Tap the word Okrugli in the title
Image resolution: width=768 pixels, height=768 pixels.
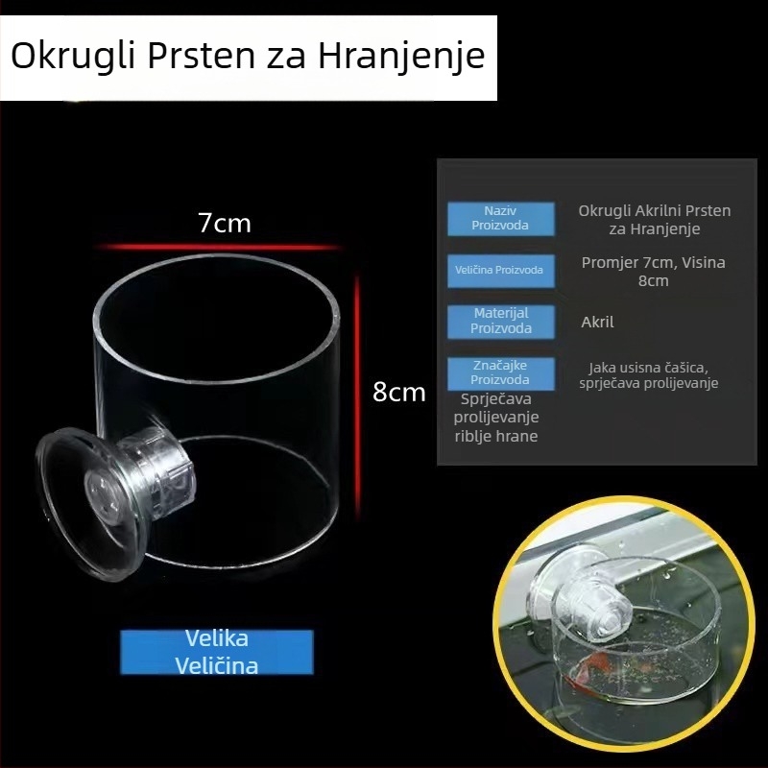click(x=73, y=56)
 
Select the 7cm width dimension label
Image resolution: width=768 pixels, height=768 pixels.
click(x=224, y=224)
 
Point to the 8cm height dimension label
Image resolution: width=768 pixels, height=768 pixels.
click(x=398, y=392)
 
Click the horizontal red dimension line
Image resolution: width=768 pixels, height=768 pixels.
click(x=221, y=248)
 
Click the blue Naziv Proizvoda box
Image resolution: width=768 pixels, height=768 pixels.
click(x=500, y=218)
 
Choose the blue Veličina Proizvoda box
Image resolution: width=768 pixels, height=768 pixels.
click(x=500, y=270)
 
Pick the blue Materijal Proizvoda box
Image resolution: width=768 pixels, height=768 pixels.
click(x=500, y=321)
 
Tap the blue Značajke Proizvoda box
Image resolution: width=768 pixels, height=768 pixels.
click(x=500, y=372)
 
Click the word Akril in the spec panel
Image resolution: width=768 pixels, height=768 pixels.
click(x=597, y=323)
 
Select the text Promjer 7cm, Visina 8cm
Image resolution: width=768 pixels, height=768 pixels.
click(x=653, y=271)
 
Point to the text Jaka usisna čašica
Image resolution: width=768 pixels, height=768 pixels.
click(x=648, y=368)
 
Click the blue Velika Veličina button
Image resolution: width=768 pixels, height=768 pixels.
click(x=217, y=651)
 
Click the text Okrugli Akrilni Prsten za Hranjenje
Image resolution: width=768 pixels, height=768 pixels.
click(x=654, y=220)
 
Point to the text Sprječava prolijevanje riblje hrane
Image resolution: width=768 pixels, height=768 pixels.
click(x=495, y=418)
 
